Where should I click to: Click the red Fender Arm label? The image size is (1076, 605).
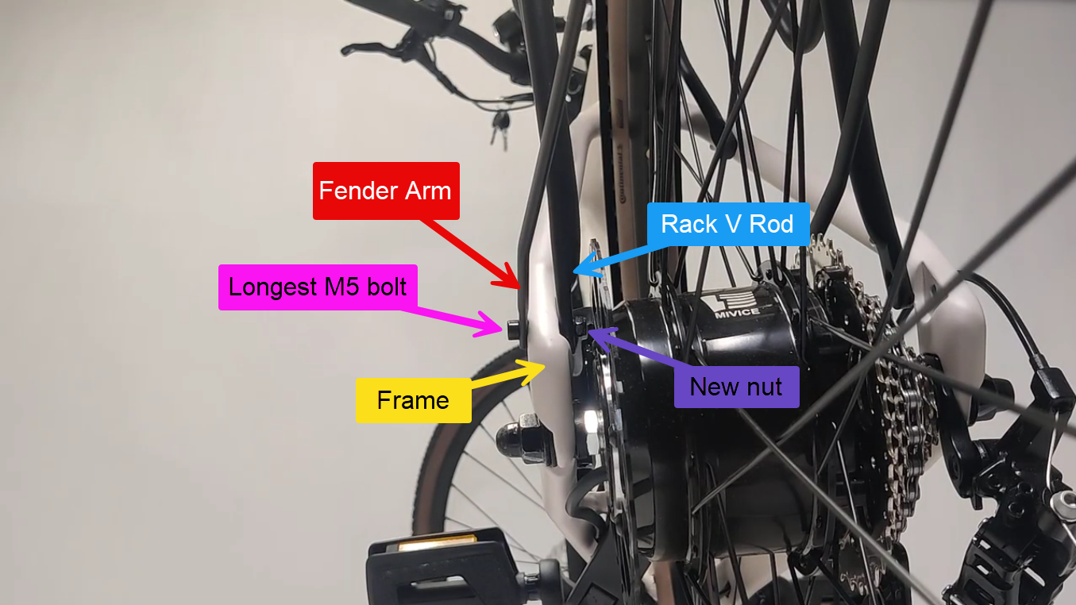[x=386, y=191]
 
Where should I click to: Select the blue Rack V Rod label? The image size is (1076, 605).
[x=727, y=224]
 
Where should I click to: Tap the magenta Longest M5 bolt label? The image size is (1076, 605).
[x=318, y=287]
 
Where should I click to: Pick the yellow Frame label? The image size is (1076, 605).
[x=413, y=400]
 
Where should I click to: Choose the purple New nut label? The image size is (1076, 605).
[x=736, y=387]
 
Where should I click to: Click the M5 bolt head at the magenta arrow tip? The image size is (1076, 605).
[x=512, y=327]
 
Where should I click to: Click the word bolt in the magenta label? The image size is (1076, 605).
[x=384, y=287]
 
